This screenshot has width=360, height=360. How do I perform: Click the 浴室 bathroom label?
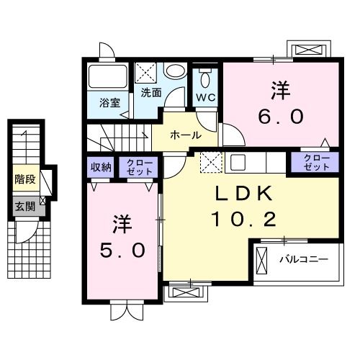[109, 102]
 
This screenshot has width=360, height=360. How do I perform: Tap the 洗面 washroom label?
[151, 92]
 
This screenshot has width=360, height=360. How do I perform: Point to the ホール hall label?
[185, 135]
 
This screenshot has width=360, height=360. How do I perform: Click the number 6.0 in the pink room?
[281, 115]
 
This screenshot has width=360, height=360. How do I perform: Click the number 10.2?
[243, 219]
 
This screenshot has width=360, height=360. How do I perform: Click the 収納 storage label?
[101, 168]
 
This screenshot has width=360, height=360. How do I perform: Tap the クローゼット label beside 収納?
[136, 168]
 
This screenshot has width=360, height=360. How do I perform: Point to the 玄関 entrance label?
[23, 206]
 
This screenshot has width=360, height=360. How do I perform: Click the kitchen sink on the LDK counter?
[238, 163]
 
